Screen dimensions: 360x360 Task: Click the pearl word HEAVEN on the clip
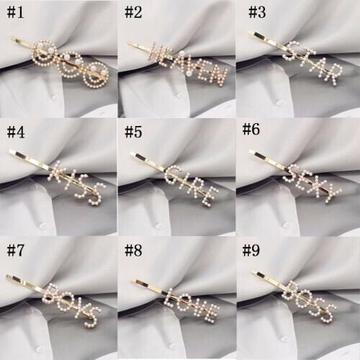point(189,62)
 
